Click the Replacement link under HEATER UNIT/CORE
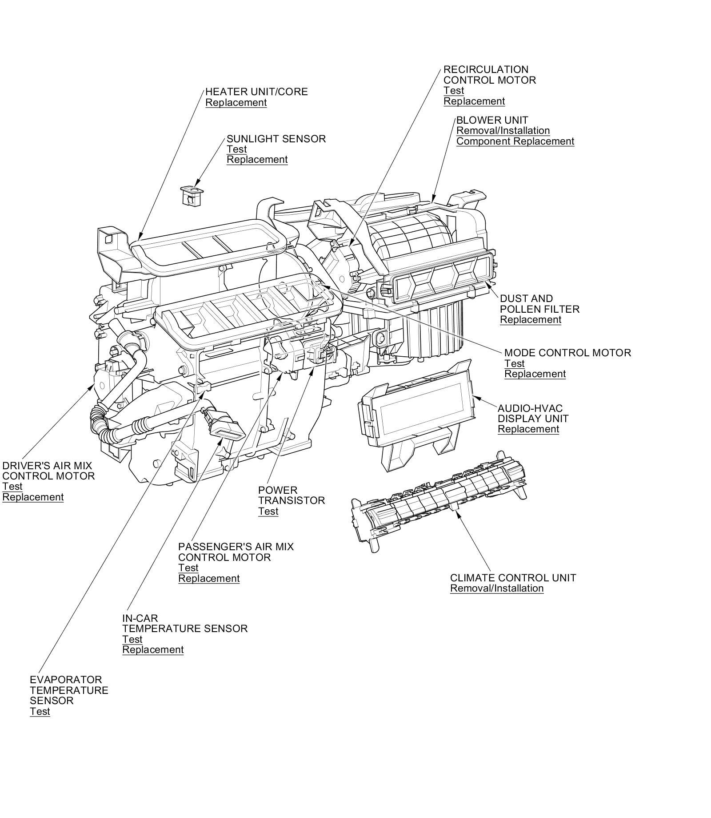236,103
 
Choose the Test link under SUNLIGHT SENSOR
236,149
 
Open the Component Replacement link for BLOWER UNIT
515,141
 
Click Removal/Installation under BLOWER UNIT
503,131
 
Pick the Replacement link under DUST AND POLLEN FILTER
531,320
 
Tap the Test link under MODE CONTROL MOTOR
514,363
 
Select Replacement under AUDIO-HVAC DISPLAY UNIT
528,429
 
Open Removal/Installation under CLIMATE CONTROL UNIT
497,588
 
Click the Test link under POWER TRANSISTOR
268,512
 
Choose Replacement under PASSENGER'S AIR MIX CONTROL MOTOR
209,579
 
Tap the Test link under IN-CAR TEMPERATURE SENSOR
132,640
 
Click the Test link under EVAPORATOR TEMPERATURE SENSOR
40,712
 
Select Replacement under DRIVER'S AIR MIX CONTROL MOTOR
33,497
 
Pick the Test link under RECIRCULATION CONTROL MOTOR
454,91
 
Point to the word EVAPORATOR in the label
66,680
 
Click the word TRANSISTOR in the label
292,501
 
